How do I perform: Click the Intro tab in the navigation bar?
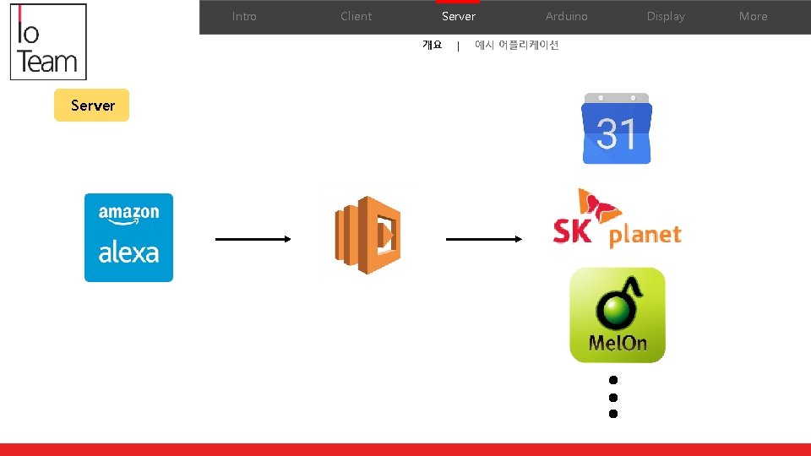click(244, 16)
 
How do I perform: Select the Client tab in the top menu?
click(356, 16)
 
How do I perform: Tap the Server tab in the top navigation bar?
click(458, 16)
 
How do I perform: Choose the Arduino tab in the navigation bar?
click(566, 16)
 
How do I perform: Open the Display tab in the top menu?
click(666, 16)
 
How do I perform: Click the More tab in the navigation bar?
click(753, 16)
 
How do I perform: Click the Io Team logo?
click(48, 42)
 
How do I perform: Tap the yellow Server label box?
click(92, 106)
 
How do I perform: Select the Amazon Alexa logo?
click(128, 237)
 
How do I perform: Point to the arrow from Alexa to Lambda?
click(253, 239)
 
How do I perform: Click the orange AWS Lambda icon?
click(367, 235)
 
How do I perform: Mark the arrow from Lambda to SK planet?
click(483, 239)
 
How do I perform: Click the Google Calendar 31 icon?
click(617, 129)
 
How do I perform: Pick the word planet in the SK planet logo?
click(645, 234)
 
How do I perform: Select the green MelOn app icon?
click(617, 315)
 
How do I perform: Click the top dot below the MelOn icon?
click(613, 381)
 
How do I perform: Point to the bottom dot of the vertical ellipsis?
click(613, 414)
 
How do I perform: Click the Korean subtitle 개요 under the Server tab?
click(432, 46)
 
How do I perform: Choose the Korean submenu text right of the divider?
click(516, 46)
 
